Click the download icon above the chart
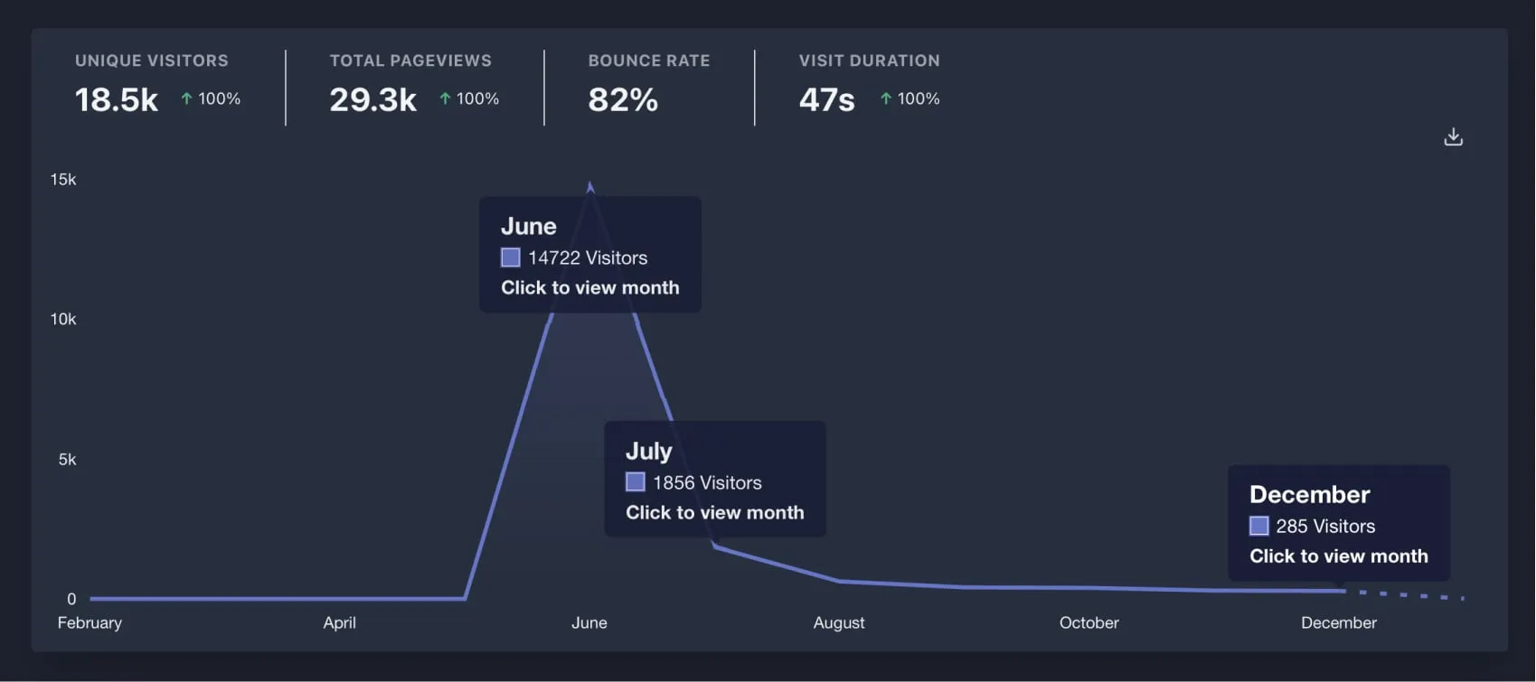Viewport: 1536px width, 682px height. (1453, 137)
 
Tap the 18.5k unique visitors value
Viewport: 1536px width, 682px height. (117, 99)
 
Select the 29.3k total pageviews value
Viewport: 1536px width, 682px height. (372, 99)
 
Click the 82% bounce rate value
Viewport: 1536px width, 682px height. (623, 99)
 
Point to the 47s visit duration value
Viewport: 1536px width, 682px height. (826, 99)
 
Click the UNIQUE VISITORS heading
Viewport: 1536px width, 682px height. (152, 61)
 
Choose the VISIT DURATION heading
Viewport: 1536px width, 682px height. (869, 61)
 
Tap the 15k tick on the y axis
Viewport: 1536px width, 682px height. (63, 180)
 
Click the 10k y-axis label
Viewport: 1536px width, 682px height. (63, 319)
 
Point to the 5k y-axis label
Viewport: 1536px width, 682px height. (67, 459)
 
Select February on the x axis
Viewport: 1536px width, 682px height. (90, 622)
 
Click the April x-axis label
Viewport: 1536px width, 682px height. (340, 622)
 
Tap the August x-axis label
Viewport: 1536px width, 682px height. (839, 622)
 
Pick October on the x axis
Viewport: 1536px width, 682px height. (1088, 622)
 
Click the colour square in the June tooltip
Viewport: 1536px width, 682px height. (511, 257)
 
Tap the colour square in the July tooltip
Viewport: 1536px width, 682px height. (636, 482)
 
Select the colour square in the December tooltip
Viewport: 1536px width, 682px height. (1258, 526)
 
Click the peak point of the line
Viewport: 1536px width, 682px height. (590, 187)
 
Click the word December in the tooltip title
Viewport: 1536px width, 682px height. (1309, 494)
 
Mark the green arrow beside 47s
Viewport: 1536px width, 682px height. (886, 98)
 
